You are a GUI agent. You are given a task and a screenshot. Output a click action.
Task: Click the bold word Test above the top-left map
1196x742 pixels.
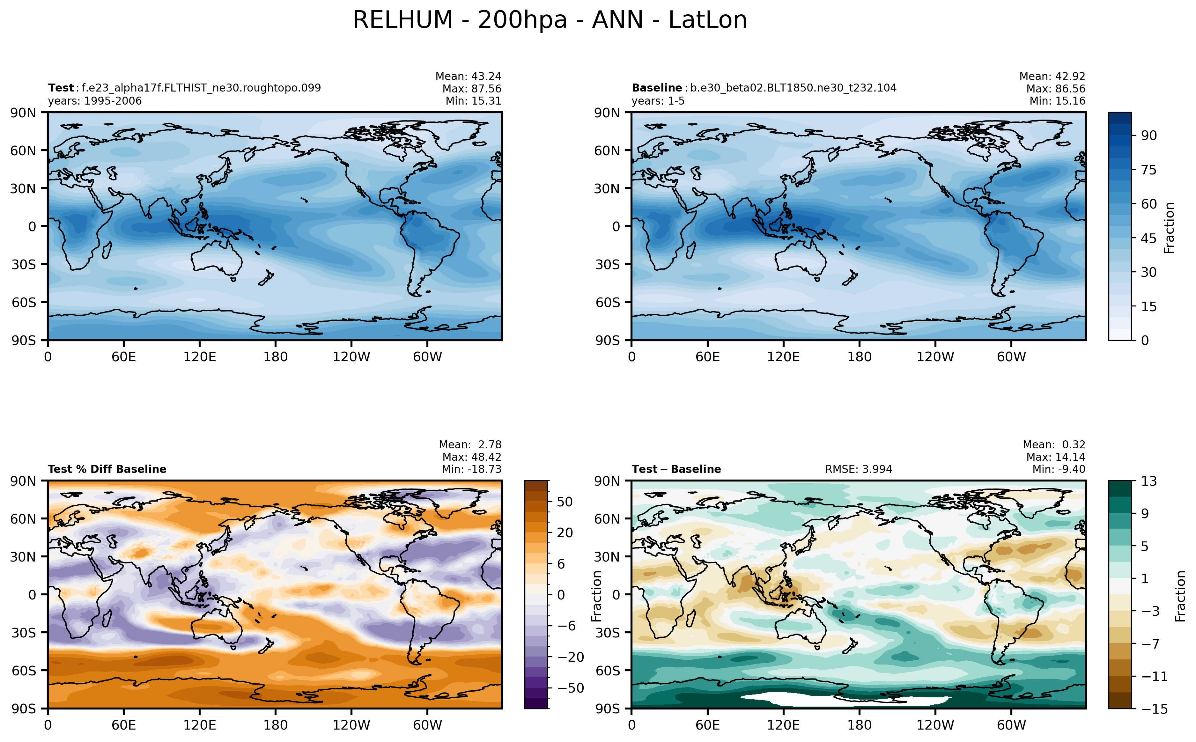(x=60, y=88)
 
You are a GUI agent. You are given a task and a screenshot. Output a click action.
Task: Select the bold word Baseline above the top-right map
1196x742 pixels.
(x=656, y=88)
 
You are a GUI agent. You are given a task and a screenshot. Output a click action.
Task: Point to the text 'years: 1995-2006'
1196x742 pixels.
(x=95, y=101)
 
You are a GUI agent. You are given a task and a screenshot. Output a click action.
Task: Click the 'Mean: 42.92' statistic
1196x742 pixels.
(x=1052, y=77)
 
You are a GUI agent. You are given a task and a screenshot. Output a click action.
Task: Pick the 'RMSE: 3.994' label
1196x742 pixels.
(x=858, y=469)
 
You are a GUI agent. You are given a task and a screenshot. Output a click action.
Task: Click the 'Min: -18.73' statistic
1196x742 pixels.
(x=471, y=469)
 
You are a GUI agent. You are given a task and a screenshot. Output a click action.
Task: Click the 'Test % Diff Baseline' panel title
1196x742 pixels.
(x=107, y=469)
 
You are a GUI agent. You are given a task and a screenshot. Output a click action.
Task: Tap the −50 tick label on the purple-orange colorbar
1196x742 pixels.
(x=570, y=688)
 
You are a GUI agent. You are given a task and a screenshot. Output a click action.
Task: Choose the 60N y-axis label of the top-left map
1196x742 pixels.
(x=23, y=151)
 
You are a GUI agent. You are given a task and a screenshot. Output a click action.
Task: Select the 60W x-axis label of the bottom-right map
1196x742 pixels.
(x=1011, y=725)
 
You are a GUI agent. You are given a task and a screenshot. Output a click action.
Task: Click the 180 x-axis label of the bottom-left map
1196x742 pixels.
(x=275, y=725)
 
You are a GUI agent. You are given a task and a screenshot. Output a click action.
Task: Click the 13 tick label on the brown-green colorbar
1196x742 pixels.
(x=1148, y=481)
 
